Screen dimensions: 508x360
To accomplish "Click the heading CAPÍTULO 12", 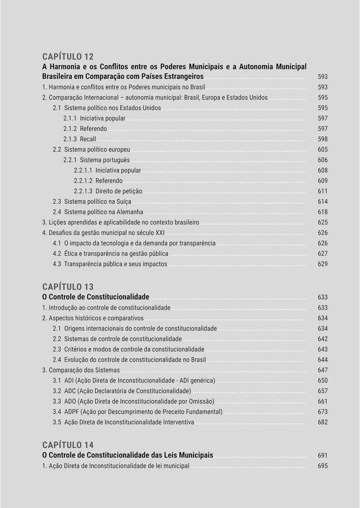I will click(68, 56).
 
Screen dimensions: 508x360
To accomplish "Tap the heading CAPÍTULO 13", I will click(68, 287).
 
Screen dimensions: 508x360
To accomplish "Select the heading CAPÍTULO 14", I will click(68, 445).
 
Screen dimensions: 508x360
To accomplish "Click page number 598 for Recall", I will click(323, 139).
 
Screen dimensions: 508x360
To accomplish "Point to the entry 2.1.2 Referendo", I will click(85, 129).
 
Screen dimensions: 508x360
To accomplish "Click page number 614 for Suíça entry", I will click(323, 201).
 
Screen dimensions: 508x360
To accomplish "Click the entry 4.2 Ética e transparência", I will click(111, 254).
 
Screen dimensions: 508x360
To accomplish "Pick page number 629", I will click(323, 264).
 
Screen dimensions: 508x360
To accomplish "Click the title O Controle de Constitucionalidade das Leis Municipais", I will click(128, 455).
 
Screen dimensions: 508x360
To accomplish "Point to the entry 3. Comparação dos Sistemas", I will click(81, 370).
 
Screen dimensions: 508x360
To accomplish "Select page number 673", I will click(323, 412).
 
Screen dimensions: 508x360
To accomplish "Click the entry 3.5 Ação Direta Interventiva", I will click(124, 422).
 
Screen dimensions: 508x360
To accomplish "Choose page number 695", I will click(323, 466).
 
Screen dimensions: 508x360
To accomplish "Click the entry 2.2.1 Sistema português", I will click(97, 160).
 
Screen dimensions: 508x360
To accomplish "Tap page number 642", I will click(323, 339).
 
